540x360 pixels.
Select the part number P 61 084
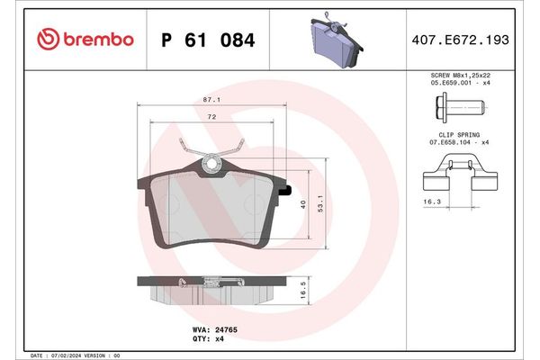(x=206, y=40)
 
